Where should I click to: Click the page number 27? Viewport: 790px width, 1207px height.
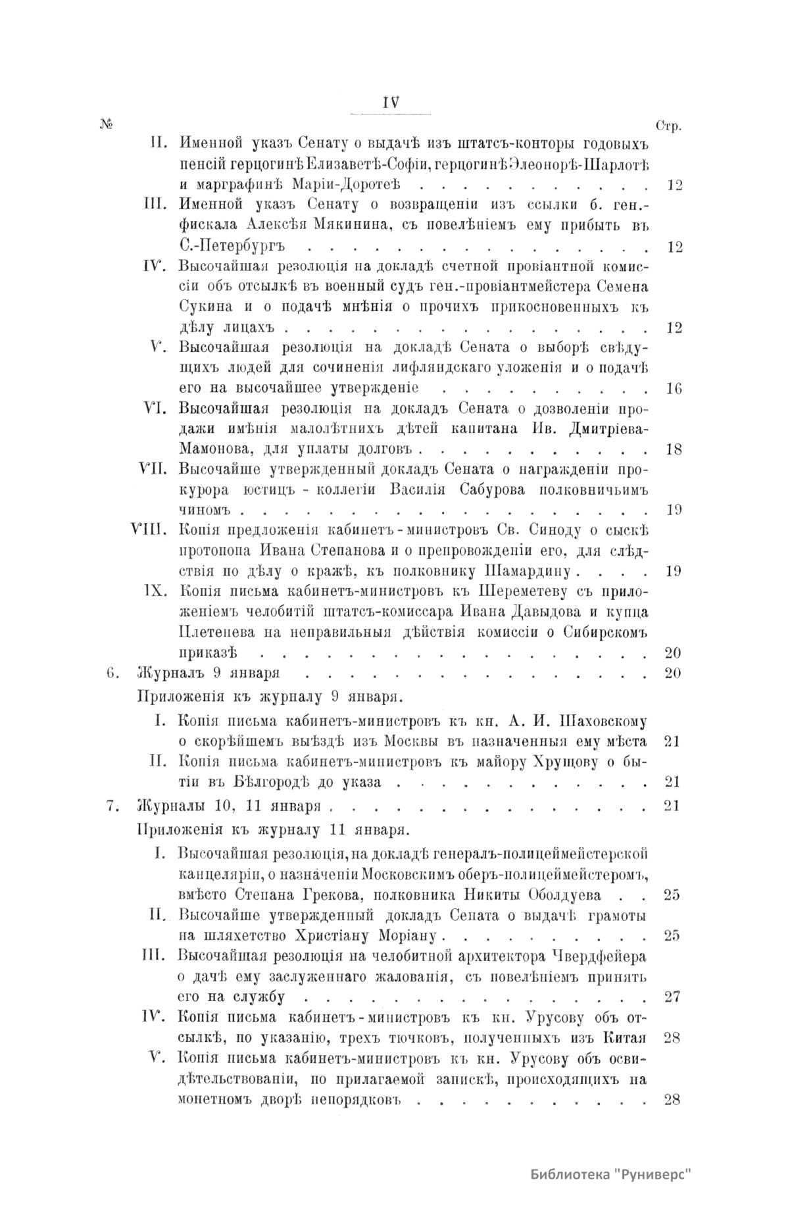click(x=672, y=996)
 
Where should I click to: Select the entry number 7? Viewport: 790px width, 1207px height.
click(x=111, y=806)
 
